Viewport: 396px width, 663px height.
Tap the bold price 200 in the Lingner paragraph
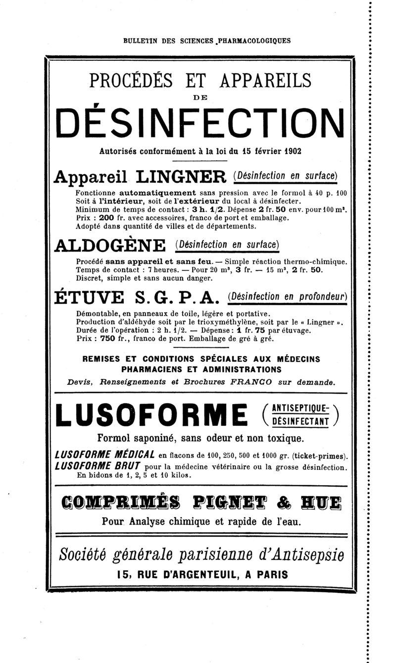(x=106, y=218)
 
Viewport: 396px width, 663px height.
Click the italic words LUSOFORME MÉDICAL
(x=105, y=455)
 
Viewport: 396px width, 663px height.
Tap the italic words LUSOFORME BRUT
(x=99, y=466)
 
